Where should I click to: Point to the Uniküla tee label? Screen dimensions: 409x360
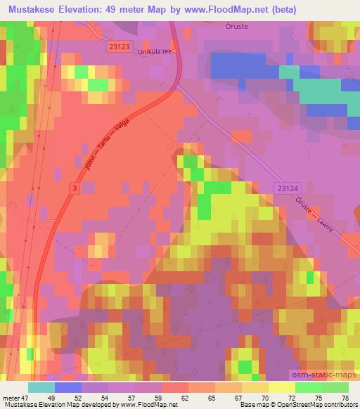click(x=155, y=51)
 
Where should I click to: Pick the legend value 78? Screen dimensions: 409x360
click(x=344, y=397)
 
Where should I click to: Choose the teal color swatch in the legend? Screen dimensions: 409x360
click(x=41, y=387)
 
